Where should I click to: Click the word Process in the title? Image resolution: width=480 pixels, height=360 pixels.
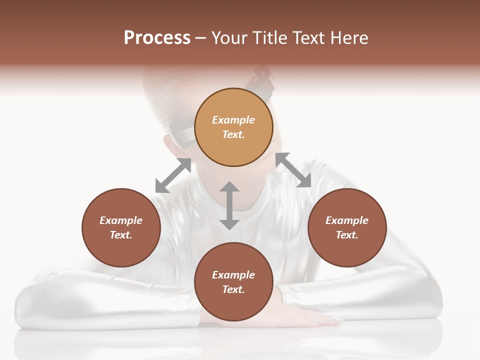pyautogui.click(x=157, y=38)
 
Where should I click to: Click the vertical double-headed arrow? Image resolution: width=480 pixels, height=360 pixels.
pyautogui.click(x=229, y=205)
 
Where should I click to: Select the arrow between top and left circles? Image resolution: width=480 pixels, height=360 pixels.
pyautogui.click(x=173, y=175)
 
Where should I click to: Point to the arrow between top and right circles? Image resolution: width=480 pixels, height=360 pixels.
pyautogui.click(x=293, y=170)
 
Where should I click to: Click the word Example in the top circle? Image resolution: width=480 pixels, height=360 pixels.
pyautogui.click(x=233, y=120)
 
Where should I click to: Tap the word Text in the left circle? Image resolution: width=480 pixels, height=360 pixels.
pyautogui.click(x=121, y=235)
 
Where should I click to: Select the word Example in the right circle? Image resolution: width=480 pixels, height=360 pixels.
pyautogui.click(x=347, y=220)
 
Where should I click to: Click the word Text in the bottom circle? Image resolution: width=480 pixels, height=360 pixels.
pyautogui.click(x=233, y=289)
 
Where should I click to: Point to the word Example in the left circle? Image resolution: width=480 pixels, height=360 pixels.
pyautogui.click(x=121, y=220)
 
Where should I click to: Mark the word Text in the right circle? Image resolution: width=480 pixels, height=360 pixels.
pyautogui.click(x=347, y=235)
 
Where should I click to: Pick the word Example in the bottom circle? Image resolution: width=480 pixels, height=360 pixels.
pyautogui.click(x=233, y=275)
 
